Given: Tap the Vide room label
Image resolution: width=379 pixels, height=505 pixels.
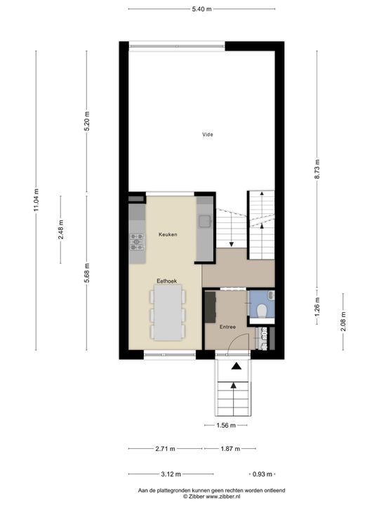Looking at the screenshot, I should point(207,135).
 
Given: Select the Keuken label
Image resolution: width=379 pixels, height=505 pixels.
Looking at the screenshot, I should point(168,234).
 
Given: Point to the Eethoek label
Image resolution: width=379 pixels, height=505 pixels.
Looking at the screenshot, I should point(167,281).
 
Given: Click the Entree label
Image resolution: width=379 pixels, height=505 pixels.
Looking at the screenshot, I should point(227,327).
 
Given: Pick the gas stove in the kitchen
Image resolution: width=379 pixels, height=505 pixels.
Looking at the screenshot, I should point(137,242).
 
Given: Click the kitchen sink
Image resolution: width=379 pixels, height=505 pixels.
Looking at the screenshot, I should point(205,222).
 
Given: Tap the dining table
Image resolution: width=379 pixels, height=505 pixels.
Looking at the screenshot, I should point(168,313).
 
